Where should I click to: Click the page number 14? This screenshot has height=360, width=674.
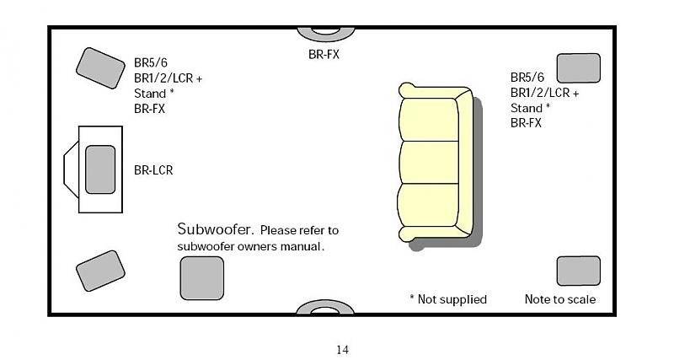tap(342, 350)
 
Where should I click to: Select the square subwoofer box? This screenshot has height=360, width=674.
tap(201, 278)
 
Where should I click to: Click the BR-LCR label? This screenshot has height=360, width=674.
tap(153, 169)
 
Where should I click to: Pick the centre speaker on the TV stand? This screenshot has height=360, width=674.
tap(99, 169)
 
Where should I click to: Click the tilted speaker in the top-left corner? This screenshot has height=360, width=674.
tap(100, 67)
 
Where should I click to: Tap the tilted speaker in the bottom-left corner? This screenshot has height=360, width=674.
tap(100, 271)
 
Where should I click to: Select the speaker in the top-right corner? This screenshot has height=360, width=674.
tap(578, 67)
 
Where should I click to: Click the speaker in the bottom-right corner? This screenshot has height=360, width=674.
tap(578, 271)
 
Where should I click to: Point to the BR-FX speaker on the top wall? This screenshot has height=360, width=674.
tap(324, 33)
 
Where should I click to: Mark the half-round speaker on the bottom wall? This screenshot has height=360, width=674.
tap(324, 308)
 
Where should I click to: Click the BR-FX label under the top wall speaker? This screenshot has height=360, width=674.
tap(324, 54)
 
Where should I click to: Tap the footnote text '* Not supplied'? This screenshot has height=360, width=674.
tap(447, 299)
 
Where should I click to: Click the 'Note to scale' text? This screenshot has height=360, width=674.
tap(559, 299)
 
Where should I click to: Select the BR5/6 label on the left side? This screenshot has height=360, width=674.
tap(151, 62)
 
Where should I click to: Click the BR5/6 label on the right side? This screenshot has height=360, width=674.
tap(527, 77)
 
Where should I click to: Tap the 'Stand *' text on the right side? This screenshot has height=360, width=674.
tap(530, 108)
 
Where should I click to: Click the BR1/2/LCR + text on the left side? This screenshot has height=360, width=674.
tap(168, 78)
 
